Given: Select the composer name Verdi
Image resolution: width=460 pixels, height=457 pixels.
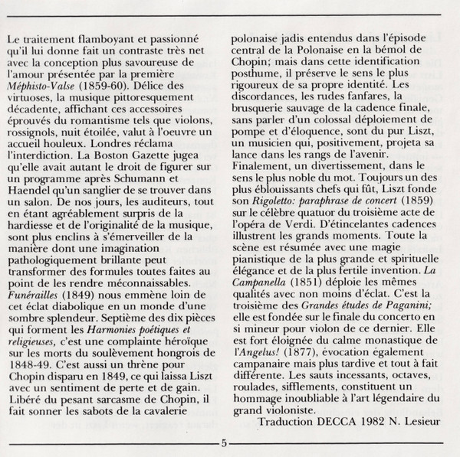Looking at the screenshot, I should pos(301,229).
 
